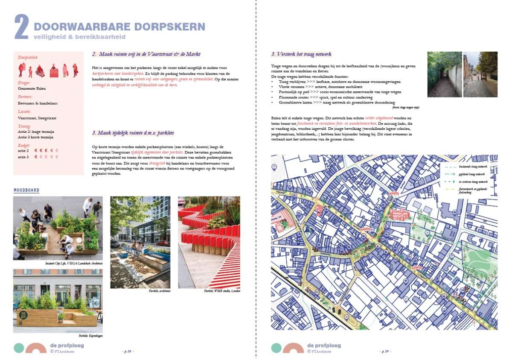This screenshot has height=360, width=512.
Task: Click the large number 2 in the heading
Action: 21,27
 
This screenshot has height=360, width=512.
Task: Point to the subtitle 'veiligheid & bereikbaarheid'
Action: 79,37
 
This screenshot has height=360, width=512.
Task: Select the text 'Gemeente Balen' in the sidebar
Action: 32,88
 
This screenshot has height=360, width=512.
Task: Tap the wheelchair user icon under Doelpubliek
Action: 40,70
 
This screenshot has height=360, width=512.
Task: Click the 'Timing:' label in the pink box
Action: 24,126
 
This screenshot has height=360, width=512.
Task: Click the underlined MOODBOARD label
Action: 26,190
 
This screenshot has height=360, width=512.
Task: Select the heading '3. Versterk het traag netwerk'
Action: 301,54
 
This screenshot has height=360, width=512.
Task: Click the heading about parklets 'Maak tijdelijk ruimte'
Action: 133,133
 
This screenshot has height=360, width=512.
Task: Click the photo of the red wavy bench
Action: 209,242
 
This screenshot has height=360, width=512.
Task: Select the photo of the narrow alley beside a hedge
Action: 444,74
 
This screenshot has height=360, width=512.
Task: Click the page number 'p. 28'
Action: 128,351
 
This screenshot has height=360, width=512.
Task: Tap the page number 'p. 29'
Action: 385,351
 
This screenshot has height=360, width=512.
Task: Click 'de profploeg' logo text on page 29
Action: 324,345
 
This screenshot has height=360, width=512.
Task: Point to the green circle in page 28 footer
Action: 19,348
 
